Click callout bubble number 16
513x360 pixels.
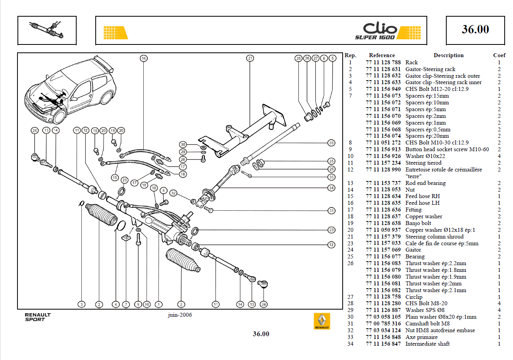[x=144, y=58]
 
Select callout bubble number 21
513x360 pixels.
[x=250, y=58]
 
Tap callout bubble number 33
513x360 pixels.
[x=332, y=143]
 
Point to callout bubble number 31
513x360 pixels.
[x=332, y=211]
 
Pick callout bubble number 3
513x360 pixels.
[x=81, y=304]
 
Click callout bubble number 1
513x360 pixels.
[x=158, y=304]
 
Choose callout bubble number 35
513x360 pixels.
[x=332, y=177]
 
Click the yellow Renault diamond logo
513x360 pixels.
[x=322, y=321]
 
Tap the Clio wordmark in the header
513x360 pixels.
[x=380, y=28]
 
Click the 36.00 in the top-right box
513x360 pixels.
[x=475, y=29]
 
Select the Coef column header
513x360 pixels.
[x=499, y=56]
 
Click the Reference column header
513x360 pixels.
[x=382, y=56]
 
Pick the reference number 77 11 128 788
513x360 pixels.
[x=383, y=62]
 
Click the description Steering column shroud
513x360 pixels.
[x=434, y=237]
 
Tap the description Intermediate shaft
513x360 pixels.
[x=427, y=344]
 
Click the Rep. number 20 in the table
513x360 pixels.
[x=350, y=230]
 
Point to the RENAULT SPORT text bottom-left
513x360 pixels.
[x=38, y=317]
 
